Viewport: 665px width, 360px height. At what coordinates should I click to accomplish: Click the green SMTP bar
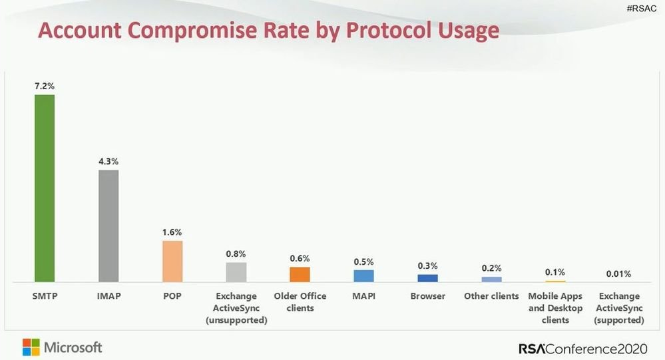(45, 188)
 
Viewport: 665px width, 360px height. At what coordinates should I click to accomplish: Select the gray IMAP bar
(109, 226)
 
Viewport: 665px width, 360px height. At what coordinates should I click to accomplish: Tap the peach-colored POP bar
(172, 262)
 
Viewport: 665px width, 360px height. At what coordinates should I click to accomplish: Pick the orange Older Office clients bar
(300, 275)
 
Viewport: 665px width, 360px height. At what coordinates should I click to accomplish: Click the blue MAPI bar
(363, 276)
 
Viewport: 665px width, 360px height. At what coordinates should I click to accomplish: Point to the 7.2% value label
(45, 87)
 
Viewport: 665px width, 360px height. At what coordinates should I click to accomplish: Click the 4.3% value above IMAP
(109, 162)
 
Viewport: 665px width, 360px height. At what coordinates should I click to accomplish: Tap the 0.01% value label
(618, 273)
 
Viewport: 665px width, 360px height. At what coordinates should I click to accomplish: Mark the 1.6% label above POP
(172, 232)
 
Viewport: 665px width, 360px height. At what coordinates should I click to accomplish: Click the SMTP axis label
(44, 296)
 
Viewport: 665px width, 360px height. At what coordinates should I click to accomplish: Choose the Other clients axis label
(491, 296)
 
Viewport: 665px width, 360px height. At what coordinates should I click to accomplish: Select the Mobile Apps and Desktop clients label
(555, 307)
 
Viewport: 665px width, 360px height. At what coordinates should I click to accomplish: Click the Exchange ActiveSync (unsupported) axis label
(236, 307)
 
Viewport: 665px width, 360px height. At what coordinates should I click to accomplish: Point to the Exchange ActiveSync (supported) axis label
(619, 307)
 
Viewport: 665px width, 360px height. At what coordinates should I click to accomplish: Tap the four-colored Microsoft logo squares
(31, 347)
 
